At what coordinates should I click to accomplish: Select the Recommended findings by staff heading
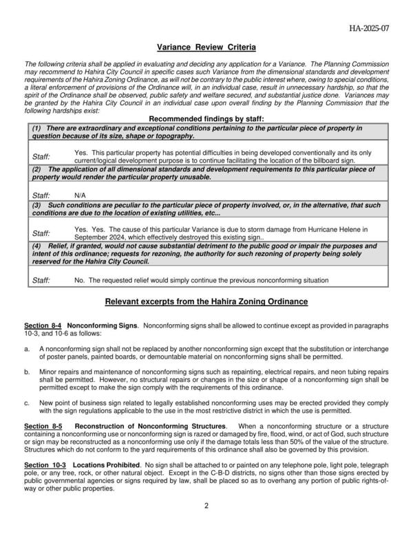click(x=206, y=118)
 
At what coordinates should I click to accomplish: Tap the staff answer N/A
click(x=80, y=195)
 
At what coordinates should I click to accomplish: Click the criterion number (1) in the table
click(x=38, y=128)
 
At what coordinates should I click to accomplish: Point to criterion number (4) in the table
click(x=38, y=246)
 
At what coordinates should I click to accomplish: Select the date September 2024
click(x=99, y=236)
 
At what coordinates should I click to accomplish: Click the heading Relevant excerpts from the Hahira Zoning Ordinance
click(x=206, y=302)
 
